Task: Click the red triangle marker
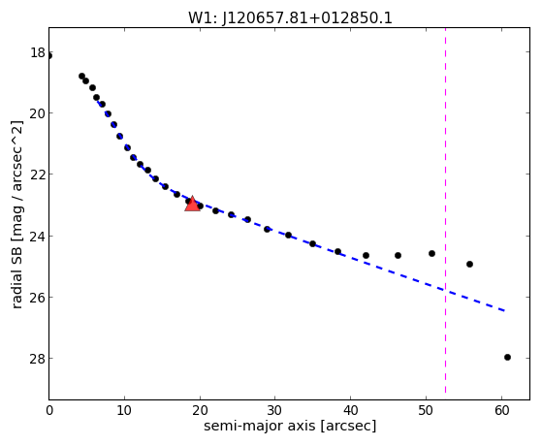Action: (x=192, y=204)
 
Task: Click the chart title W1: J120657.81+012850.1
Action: (x=290, y=17)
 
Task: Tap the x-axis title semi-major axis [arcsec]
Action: (x=290, y=426)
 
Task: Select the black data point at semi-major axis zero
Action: (x=49, y=55)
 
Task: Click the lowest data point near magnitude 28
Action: (x=507, y=357)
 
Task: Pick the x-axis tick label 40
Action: (x=350, y=411)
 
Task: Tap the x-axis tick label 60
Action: (x=501, y=411)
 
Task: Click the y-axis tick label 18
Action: (x=38, y=52)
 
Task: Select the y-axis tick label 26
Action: (x=38, y=297)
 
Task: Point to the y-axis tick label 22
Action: (x=38, y=174)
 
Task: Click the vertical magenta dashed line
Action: (x=445, y=210)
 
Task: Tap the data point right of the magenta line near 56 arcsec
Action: (x=469, y=264)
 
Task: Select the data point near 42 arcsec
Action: (x=367, y=256)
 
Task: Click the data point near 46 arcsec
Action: (x=398, y=256)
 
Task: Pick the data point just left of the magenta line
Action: (x=431, y=253)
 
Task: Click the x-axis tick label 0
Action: (x=49, y=411)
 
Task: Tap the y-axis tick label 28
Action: (x=38, y=358)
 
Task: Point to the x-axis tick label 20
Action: (x=200, y=411)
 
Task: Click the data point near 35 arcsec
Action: (x=313, y=243)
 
